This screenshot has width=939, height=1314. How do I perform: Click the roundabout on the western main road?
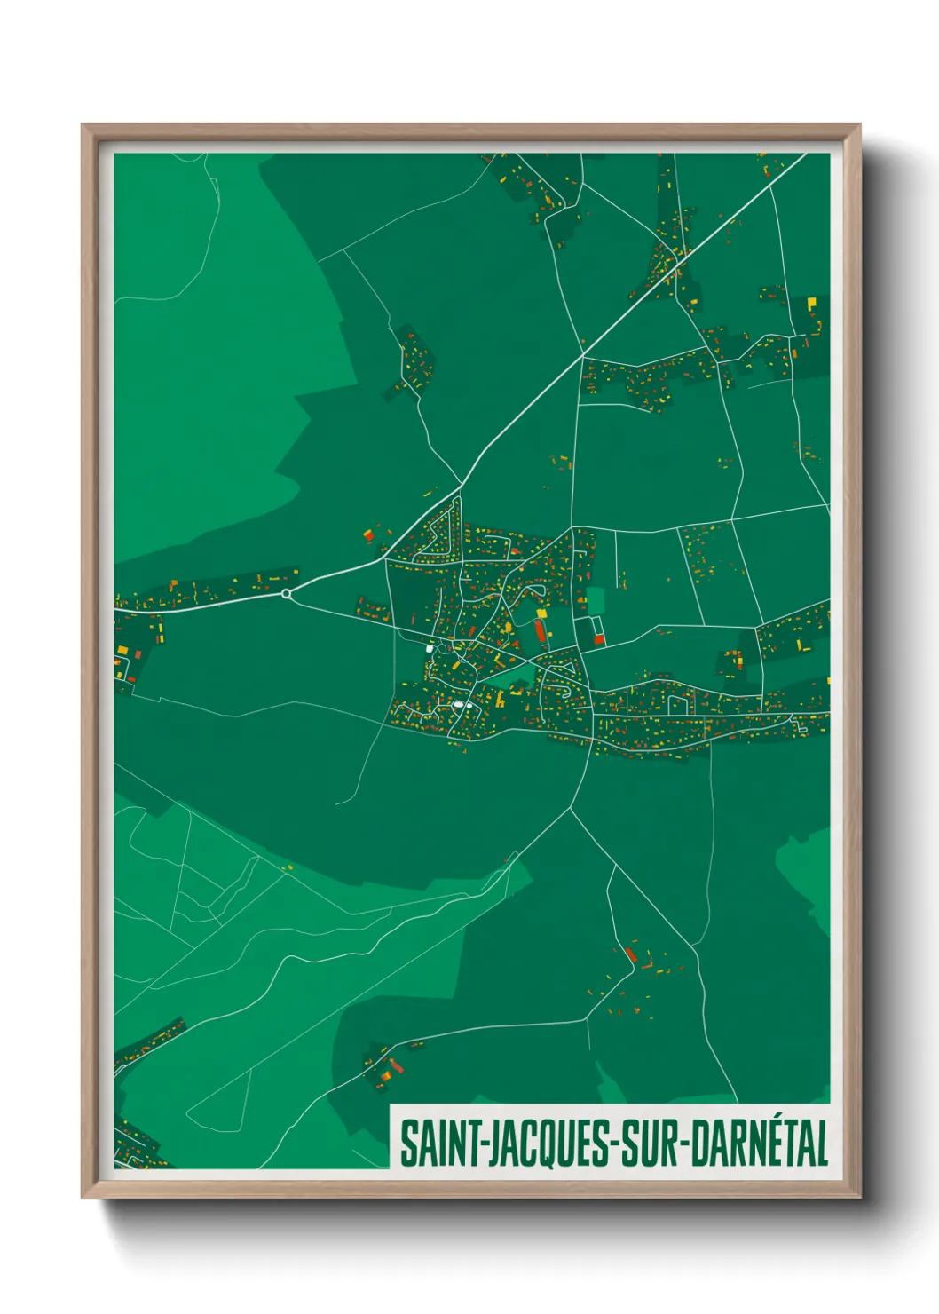coord(286,593)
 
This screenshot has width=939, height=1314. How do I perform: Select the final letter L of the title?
coord(821,1144)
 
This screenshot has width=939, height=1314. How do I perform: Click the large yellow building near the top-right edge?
coord(811,303)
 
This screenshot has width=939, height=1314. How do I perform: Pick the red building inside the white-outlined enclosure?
coord(598,638)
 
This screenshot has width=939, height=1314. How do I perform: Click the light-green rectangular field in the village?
coord(594,600)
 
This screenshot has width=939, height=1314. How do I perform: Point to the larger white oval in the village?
coord(459,705)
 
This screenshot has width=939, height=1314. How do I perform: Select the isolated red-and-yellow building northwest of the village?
coord(367,535)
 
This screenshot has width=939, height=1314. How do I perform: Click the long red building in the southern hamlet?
coord(630,955)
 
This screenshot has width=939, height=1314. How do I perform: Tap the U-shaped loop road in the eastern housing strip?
coord(679,704)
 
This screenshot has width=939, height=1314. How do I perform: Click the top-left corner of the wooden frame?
coord(83,125)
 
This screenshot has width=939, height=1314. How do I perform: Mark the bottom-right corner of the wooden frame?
coord(859,1197)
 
